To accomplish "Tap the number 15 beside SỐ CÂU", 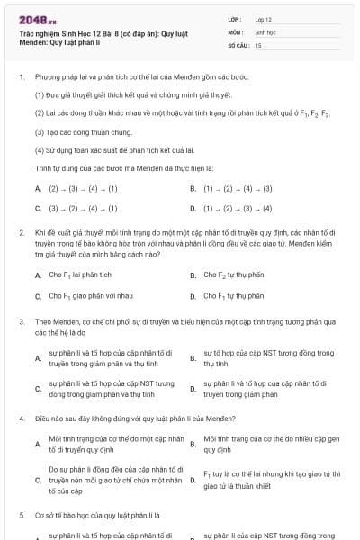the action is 258,44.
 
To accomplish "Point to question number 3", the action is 21,320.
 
